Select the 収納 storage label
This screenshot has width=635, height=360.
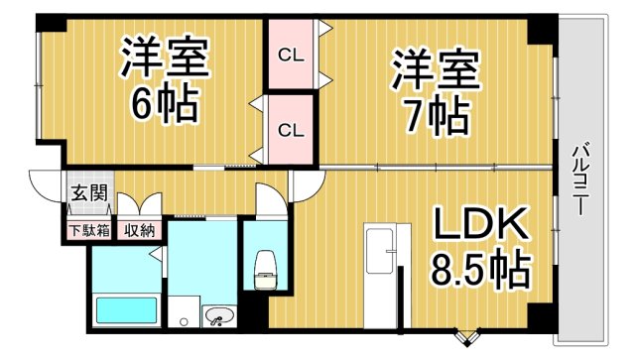pyautogui.click(x=139, y=231)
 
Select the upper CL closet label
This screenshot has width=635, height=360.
pyautogui.click(x=289, y=56)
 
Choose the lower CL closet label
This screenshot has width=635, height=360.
pyautogui.click(x=289, y=129)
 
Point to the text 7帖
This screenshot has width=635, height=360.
pyautogui.click(x=435, y=117)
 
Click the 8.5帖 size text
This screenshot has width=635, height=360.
pyautogui.click(x=479, y=268)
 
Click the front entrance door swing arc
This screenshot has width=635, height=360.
pyautogui.click(x=45, y=186)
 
